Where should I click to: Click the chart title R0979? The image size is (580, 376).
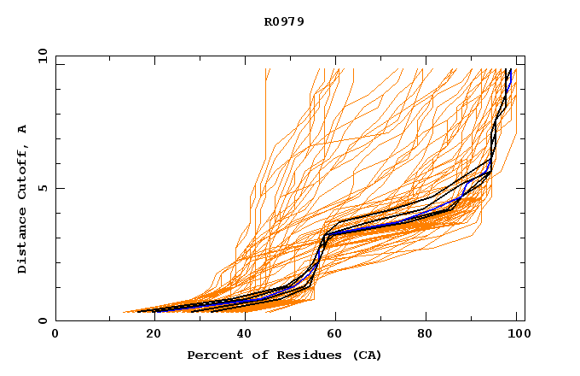(284, 21)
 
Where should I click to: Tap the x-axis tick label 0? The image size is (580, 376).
(55, 334)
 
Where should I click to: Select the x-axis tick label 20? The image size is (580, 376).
(148, 334)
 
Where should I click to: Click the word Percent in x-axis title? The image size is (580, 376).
(212, 355)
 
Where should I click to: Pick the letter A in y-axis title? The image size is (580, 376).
(23, 129)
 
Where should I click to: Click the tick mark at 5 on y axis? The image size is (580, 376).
(59, 188)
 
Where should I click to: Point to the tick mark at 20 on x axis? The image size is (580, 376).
(148, 318)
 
